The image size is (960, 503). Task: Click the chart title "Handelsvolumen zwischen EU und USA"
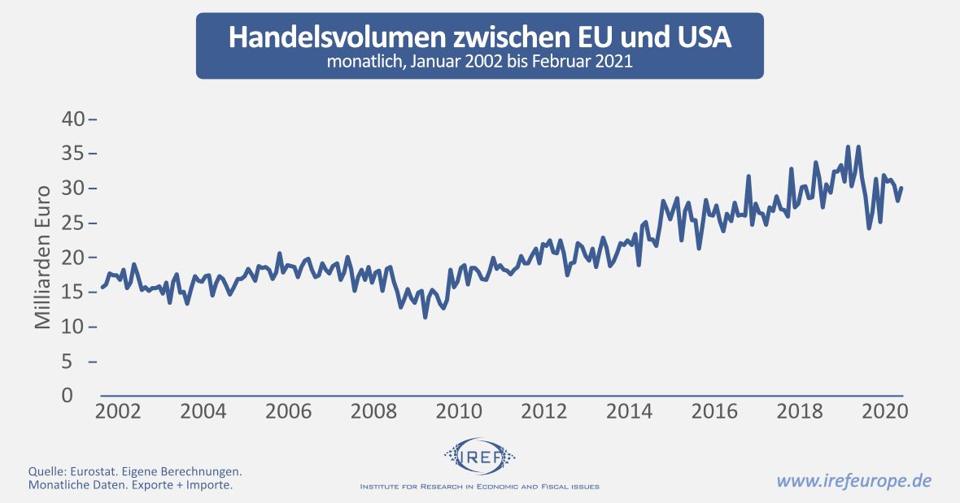tap(479, 37)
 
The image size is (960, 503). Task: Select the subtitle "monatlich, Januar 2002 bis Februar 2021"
tap(479, 62)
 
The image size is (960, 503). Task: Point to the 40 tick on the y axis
tap(73, 119)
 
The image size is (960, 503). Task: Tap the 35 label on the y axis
tap(73, 154)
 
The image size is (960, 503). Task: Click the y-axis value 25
tap(73, 223)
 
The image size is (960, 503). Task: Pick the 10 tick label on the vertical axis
tap(73, 327)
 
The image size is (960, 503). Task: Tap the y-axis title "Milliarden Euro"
tap(42, 257)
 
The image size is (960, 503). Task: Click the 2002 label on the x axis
tap(118, 411)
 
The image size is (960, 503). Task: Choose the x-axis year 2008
tap(373, 411)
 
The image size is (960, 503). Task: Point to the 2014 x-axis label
tap(629, 411)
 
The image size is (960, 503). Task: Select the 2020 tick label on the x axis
tap(884, 411)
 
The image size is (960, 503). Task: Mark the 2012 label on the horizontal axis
tap(543, 411)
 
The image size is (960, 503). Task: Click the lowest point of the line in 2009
tap(425, 317)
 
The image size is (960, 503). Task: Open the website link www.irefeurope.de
tap(853, 479)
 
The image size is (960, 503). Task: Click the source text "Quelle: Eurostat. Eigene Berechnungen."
tap(134, 471)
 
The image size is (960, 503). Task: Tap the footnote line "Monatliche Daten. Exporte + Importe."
tap(130, 485)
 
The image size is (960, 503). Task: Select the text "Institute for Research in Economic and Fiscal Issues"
tap(479, 487)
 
